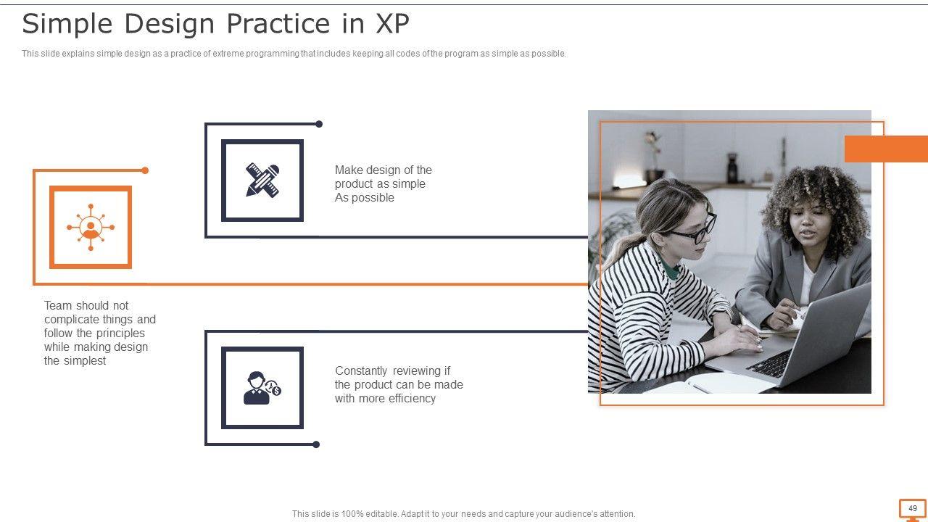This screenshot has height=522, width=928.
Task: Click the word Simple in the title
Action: click(67, 24)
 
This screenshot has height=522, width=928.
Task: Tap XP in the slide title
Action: click(392, 23)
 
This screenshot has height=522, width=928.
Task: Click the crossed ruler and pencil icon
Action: click(262, 181)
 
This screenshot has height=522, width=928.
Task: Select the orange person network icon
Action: click(91, 227)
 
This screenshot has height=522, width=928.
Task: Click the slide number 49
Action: click(913, 508)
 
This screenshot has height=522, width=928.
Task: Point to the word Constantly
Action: click(361, 370)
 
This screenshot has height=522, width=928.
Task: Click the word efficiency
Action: click(413, 398)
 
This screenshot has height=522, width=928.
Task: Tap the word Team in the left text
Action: click(58, 305)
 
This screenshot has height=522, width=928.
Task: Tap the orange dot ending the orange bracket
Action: click(145, 170)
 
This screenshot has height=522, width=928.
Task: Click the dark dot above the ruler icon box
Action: click(319, 124)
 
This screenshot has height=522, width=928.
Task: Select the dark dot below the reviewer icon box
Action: click(316, 444)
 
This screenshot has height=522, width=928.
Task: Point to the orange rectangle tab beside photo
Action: click(886, 149)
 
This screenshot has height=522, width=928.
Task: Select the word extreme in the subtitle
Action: click(228, 54)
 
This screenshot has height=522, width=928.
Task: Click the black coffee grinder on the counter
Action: click(732, 167)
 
